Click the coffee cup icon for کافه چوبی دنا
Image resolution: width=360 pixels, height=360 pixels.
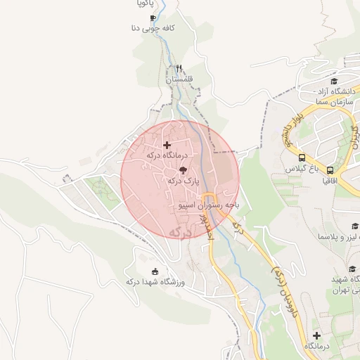pos(153,18)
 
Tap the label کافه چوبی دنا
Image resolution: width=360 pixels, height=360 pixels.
pos(152,29)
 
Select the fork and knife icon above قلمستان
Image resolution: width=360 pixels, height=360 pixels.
pos(179,69)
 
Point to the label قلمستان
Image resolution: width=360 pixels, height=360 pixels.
pos(179,79)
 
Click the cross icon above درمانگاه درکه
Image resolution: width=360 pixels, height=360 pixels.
pos(166,145)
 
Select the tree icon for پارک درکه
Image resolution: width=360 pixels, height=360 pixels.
pos(183,170)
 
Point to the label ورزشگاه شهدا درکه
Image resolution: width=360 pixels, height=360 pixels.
pos(155,282)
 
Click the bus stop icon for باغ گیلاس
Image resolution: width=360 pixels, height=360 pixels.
pos(302,157)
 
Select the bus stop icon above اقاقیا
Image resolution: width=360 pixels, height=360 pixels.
pos(329,169)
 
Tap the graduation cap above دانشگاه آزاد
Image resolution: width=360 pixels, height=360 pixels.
pos(333,82)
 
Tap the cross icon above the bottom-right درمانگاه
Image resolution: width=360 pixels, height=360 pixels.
pos(316,336)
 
